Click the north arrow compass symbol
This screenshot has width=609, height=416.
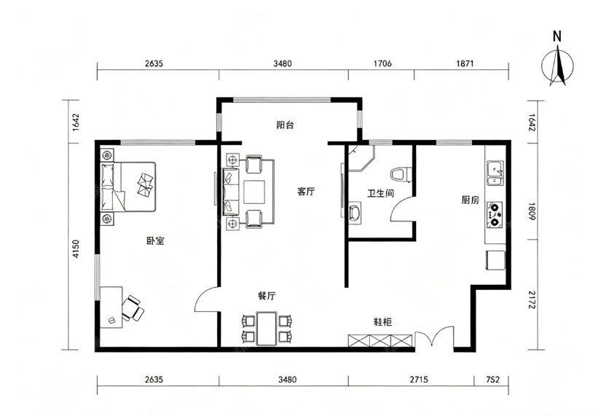click(557, 66)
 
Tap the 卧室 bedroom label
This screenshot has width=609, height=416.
click(155, 241)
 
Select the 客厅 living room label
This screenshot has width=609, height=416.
click(306, 192)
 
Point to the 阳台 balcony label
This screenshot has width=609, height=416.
click(285, 125)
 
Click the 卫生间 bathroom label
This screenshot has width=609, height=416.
click(380, 193)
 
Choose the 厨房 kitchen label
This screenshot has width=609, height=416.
click(470, 200)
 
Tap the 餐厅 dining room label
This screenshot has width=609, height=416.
click(267, 297)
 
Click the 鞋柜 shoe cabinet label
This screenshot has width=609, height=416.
click(382, 322)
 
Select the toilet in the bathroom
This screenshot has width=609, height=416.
click(401, 174)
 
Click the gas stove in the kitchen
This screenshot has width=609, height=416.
click(495, 214)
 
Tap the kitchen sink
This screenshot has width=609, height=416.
click(495, 173)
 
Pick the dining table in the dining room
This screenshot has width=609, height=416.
click(267, 329)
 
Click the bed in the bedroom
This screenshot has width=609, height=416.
click(128, 187)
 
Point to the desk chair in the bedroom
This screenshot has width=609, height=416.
click(133, 308)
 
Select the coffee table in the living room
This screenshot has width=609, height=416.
click(254, 192)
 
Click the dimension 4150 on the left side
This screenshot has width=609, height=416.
click(76, 249)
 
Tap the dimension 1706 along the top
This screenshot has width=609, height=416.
click(382, 63)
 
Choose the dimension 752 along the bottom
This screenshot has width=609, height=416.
click(492, 380)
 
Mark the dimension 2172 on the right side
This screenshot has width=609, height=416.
click(532, 299)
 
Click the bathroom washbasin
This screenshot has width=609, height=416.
click(354, 213)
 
